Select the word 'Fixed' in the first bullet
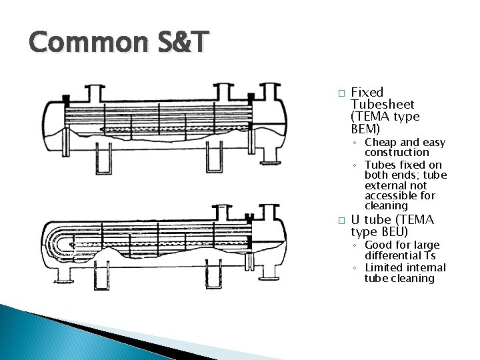pos(367,93)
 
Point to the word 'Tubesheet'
pos(383,105)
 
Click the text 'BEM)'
pos(365,129)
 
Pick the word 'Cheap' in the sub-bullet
pos(381,143)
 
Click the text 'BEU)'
pos(392,232)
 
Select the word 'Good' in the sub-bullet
pos(379,245)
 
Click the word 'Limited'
pos(384,267)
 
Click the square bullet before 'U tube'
pos(341,221)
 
